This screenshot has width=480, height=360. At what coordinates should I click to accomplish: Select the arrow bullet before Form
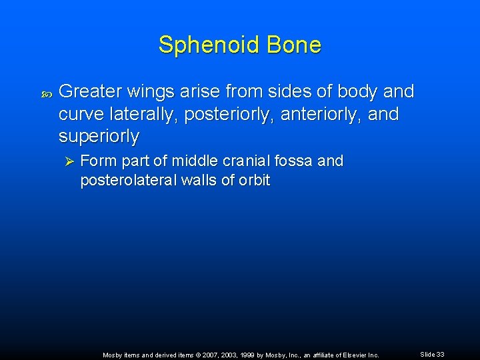pos(67,161)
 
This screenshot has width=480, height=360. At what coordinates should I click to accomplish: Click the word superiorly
pos(99,137)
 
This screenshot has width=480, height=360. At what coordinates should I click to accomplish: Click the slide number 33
pos(440,355)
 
